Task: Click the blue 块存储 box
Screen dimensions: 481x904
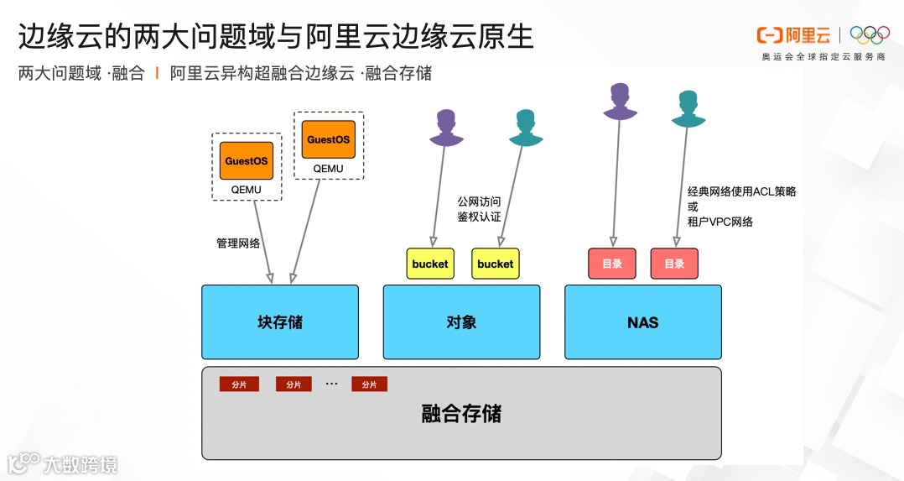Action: click(279, 322)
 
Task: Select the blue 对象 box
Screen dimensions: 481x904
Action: click(461, 322)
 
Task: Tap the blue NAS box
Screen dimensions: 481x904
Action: click(642, 322)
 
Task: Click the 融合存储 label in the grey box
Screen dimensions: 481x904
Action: click(461, 414)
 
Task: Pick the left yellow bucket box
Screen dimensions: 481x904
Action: click(429, 264)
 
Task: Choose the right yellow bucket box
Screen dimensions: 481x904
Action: click(495, 264)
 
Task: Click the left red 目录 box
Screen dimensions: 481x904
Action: click(612, 264)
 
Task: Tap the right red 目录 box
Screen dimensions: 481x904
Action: click(674, 264)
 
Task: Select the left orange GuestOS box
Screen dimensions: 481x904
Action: click(247, 160)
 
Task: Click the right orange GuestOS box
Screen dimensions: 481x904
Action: click(328, 139)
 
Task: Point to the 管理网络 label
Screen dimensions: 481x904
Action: click(238, 243)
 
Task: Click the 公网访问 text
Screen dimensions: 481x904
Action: click(479, 201)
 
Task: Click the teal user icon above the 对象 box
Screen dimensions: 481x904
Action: click(526, 128)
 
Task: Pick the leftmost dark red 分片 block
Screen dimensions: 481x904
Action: click(239, 384)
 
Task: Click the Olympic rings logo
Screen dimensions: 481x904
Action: click(870, 34)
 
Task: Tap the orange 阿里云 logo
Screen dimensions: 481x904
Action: click(793, 34)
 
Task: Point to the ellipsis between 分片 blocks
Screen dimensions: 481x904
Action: click(331, 384)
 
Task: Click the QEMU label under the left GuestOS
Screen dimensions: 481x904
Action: click(247, 190)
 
